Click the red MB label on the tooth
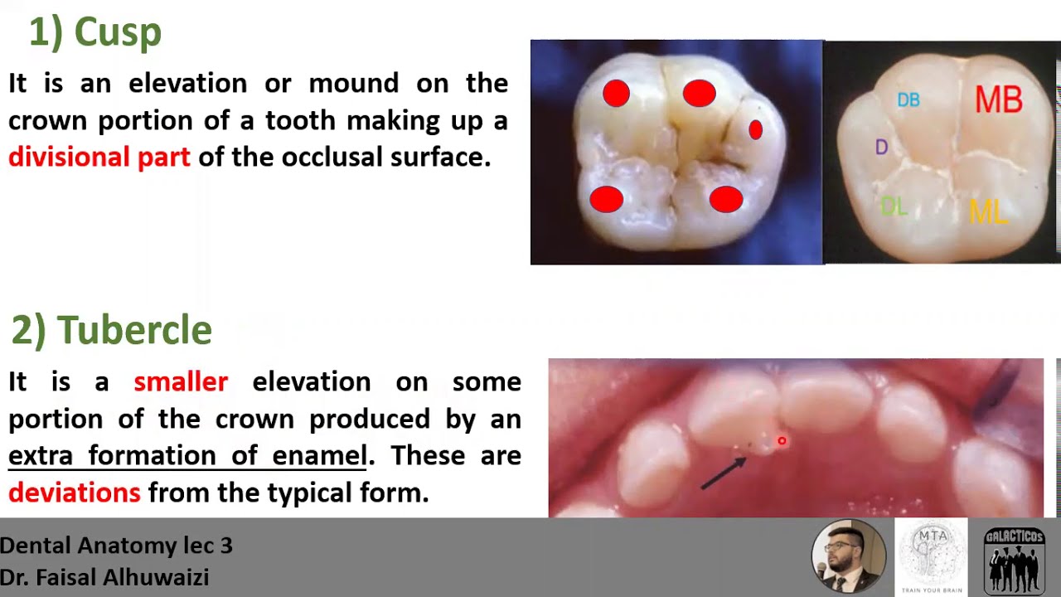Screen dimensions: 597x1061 pyautogui.click(x=998, y=99)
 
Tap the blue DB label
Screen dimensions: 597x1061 pyautogui.click(x=908, y=100)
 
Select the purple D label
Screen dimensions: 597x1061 pyautogui.click(x=881, y=148)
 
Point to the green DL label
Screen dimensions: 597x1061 pyautogui.click(x=894, y=206)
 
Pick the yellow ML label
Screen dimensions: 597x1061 pyautogui.click(x=987, y=212)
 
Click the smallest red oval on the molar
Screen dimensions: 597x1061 pyautogui.click(x=755, y=129)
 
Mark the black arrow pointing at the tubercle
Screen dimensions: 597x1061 pyautogui.click(x=723, y=473)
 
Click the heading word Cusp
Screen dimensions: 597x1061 pyautogui.click(x=117, y=33)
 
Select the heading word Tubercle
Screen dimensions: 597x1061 pyautogui.click(x=134, y=330)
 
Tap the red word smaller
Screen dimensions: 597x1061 pyautogui.click(x=181, y=381)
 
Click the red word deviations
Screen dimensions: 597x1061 pyautogui.click(x=75, y=493)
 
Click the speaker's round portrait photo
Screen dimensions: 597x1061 pyautogui.click(x=848, y=556)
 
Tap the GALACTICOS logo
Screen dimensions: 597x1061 pyautogui.click(x=1014, y=557)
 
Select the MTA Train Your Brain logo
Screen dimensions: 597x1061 pyautogui.click(x=932, y=556)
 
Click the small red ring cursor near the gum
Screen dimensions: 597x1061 pyautogui.click(x=781, y=441)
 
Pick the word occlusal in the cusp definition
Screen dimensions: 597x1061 pyautogui.click(x=326, y=157)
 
